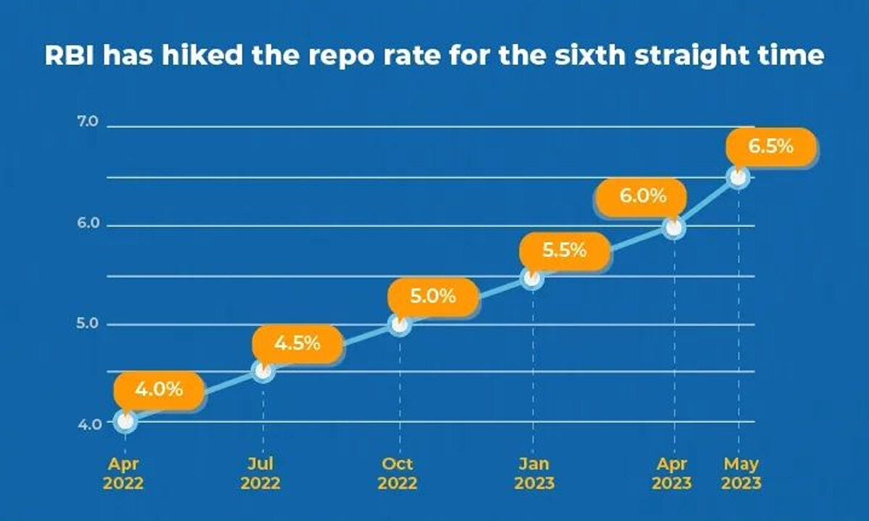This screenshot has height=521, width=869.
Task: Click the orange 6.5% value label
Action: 771,147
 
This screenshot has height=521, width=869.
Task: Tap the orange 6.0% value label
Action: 641,196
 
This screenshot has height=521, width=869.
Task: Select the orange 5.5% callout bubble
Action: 563,250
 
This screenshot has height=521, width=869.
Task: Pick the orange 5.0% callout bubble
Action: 432,296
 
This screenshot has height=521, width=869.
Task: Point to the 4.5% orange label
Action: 297,343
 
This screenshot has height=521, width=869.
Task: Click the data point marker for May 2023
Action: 738,177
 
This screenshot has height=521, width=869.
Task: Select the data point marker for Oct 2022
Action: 400,325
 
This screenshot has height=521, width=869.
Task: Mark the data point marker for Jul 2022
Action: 263,372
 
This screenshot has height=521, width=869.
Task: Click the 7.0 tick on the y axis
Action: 88,122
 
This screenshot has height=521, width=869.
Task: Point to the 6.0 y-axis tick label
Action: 88,224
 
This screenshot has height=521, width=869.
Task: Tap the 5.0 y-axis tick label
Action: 88,323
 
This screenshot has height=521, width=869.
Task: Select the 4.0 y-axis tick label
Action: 88,423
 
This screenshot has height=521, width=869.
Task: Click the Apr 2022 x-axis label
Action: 122,473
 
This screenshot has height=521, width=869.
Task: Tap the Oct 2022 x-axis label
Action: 398,473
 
